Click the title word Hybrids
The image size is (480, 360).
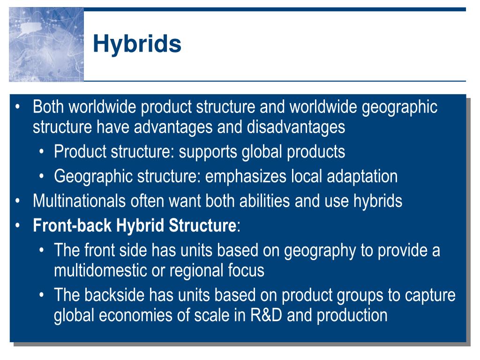click(137, 44)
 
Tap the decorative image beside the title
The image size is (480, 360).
click(46, 45)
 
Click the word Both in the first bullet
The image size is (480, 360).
click(48, 107)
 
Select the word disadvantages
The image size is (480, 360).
click(296, 127)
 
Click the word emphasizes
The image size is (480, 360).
click(246, 177)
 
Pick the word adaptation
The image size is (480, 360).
click(362, 177)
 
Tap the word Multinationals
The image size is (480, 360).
click(79, 201)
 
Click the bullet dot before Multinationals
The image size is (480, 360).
click(18, 201)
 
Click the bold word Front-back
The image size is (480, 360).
click(72, 225)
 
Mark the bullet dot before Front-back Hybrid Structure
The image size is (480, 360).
click(18, 225)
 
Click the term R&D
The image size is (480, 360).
click(266, 315)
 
